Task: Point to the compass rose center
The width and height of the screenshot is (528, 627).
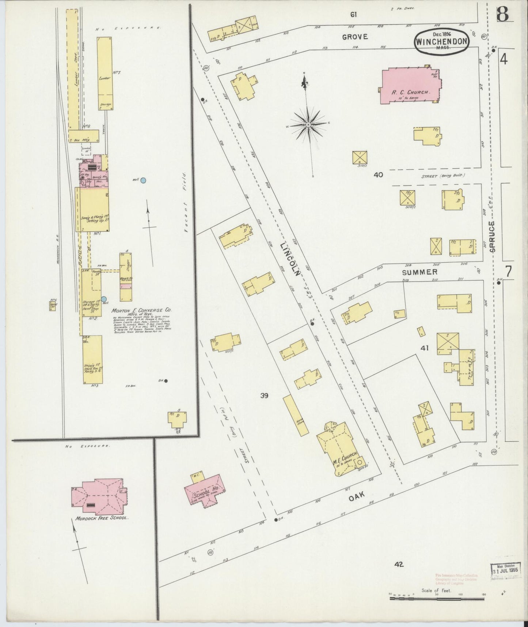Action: tap(308, 125)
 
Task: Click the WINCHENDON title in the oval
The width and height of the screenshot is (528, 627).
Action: tap(441, 41)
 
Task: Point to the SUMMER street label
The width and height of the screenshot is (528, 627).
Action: tap(419, 272)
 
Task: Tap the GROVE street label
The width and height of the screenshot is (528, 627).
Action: tap(355, 37)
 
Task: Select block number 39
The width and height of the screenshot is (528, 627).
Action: tap(265, 395)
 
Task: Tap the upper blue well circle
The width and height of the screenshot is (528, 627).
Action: tap(144, 180)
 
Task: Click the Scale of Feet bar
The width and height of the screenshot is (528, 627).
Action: tap(437, 599)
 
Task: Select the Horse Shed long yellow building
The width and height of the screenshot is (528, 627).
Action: tap(296, 415)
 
